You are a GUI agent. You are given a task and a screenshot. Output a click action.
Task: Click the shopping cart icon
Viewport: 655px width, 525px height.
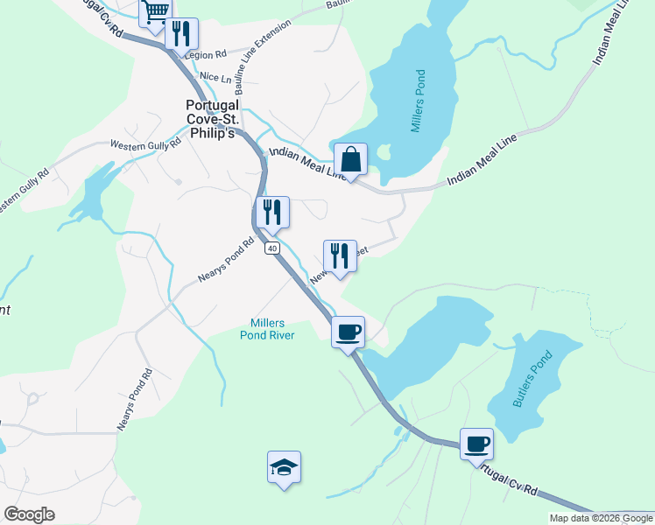tap(155, 11)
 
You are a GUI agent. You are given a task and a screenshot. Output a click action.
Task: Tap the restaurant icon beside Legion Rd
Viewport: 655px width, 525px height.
tap(182, 33)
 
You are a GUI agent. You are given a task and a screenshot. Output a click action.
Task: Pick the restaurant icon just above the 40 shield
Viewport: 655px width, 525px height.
tap(271, 211)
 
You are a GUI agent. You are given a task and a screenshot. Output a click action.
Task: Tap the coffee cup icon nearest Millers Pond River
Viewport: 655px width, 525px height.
tap(349, 332)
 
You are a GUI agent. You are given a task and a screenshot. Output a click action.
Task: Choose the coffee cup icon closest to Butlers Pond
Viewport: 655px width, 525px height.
tap(476, 443)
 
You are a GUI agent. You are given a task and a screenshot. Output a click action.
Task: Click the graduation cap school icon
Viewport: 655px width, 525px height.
tap(285, 467)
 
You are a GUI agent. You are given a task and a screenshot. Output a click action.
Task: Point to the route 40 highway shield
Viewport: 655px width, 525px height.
tap(272, 248)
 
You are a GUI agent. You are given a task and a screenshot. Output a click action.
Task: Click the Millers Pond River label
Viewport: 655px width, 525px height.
tap(267, 329)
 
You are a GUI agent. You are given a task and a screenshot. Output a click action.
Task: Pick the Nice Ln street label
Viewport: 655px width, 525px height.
tap(215, 77)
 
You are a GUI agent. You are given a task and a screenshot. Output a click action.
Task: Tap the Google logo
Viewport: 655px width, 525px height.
tap(29, 514)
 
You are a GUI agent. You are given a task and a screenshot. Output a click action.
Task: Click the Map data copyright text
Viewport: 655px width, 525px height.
tap(600, 518)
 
